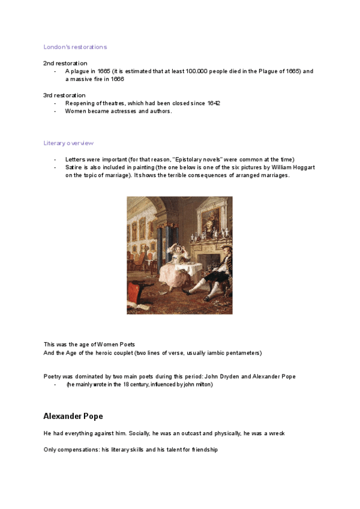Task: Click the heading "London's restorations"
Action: (x=75, y=47)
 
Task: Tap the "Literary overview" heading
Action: (x=68, y=143)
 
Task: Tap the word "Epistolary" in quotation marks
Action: (x=190, y=159)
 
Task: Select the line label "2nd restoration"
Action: (x=65, y=63)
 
